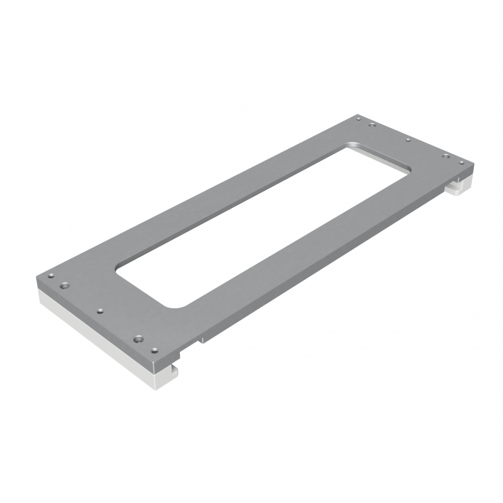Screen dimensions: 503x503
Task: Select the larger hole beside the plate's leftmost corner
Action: pos(63,285)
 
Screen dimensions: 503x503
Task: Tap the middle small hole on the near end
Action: pos(99,310)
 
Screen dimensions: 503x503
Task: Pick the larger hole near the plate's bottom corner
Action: pos(138,340)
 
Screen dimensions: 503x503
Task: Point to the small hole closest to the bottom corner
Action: pos(154,348)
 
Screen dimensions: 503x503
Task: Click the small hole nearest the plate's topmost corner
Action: pos(358,117)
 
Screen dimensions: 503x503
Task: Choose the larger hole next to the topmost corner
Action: pos(372,124)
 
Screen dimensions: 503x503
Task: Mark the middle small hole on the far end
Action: pos(408,139)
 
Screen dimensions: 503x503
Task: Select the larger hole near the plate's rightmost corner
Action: pos(446,155)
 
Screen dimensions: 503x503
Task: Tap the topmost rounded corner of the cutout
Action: pos(350,145)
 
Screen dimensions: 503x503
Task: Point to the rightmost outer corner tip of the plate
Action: pos(472,165)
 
